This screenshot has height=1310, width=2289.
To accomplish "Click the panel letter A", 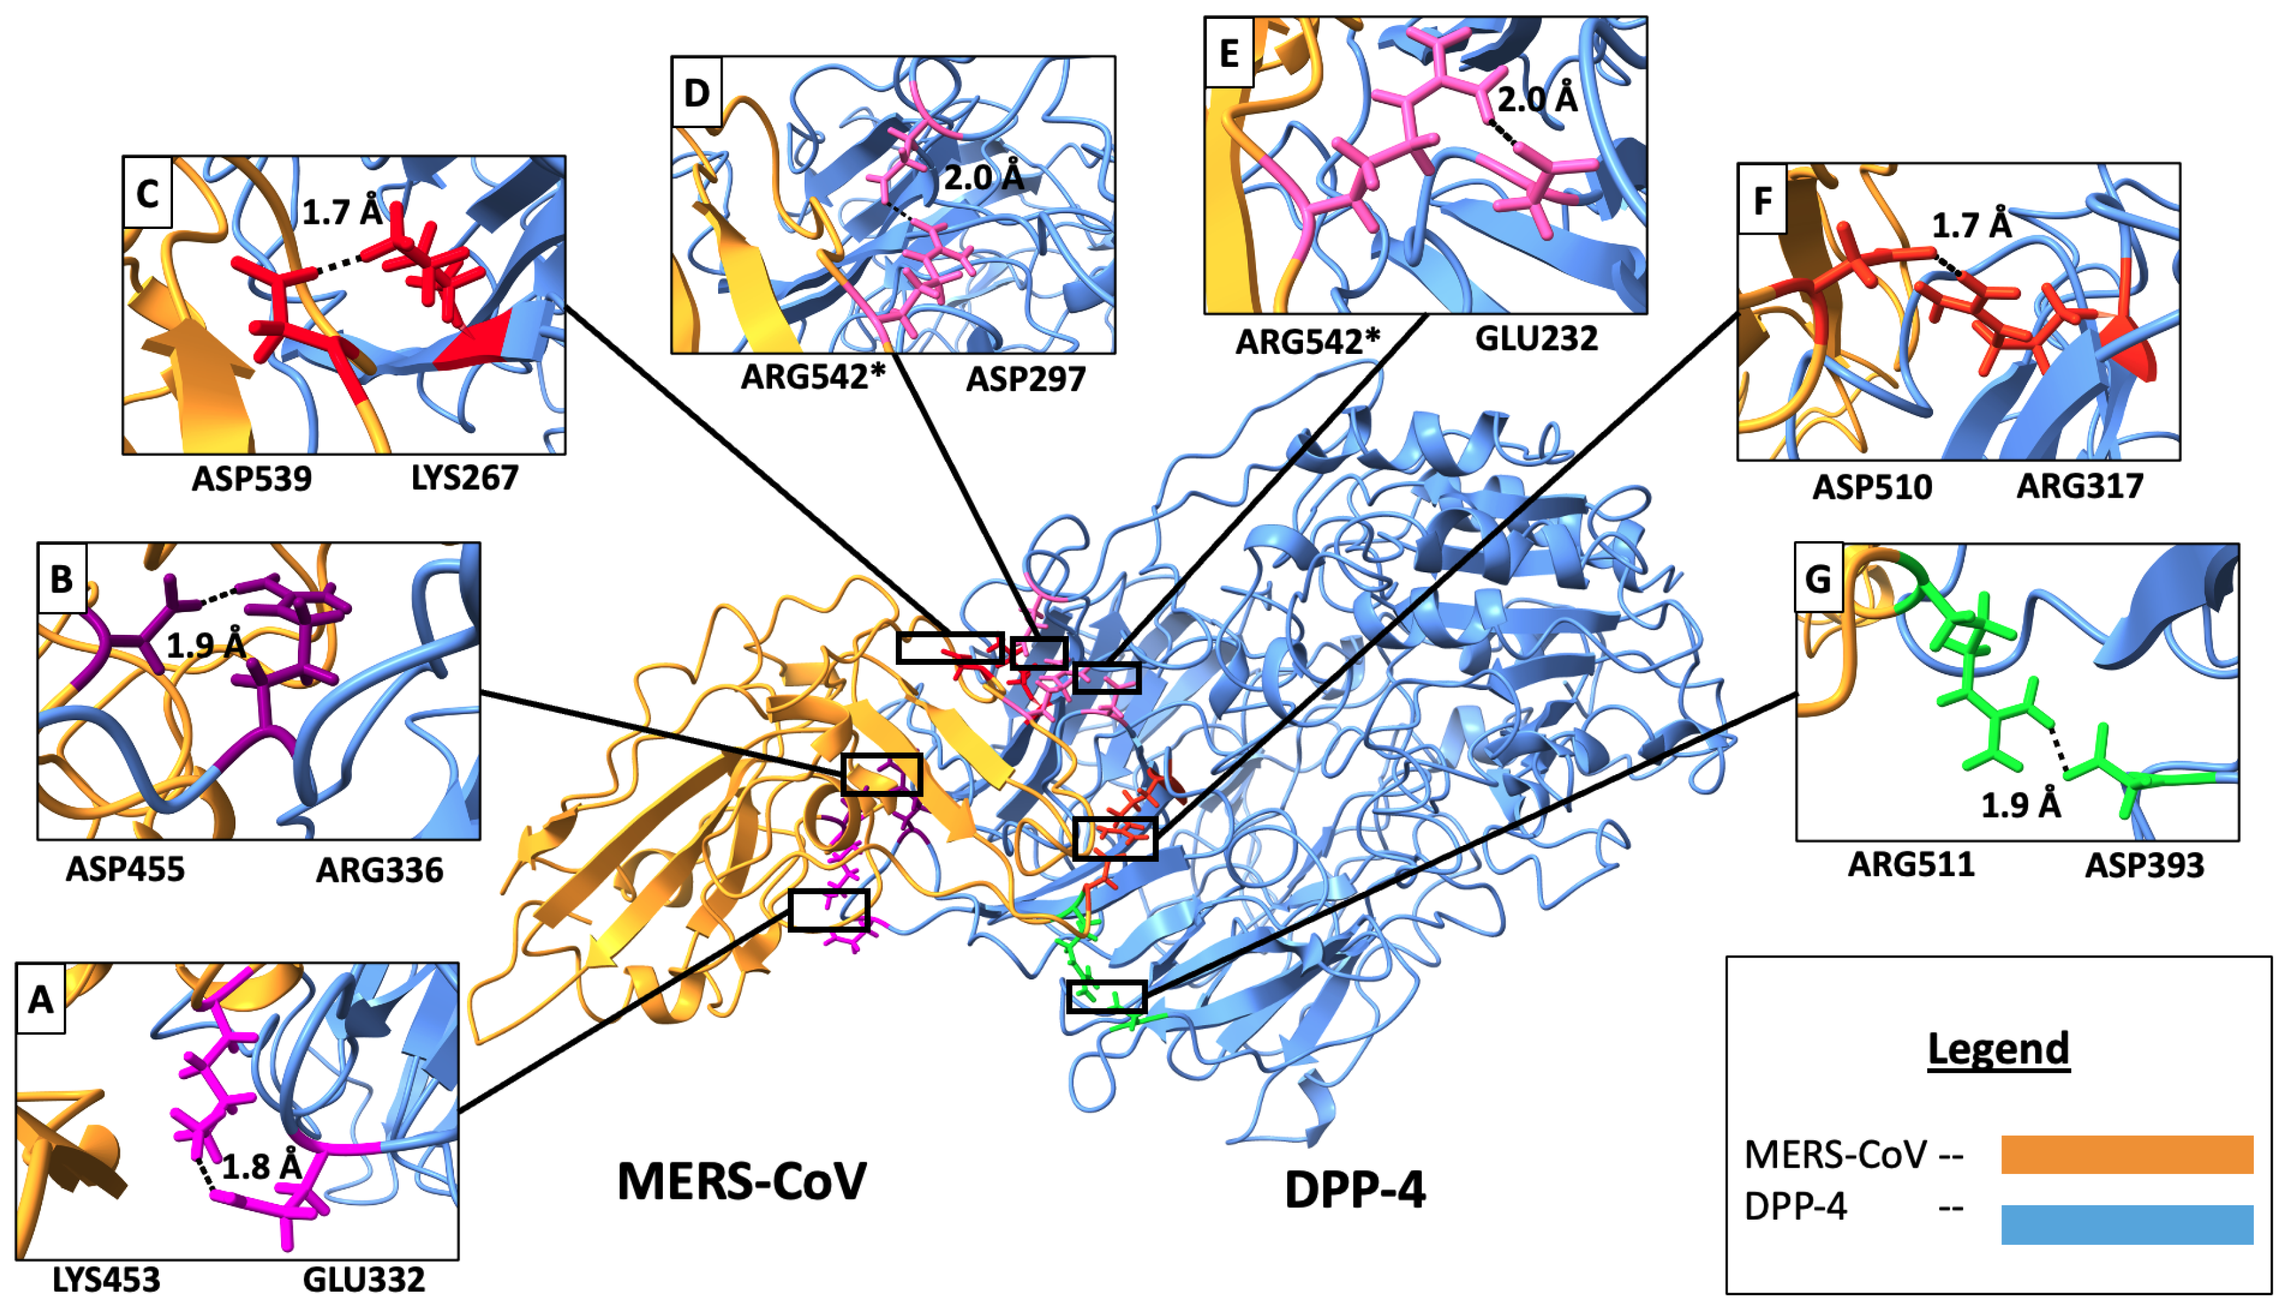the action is (40, 998).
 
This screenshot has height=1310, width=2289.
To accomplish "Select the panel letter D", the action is (697, 92).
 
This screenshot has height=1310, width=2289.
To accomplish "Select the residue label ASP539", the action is (251, 479).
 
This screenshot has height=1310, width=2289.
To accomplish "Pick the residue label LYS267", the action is (464, 478).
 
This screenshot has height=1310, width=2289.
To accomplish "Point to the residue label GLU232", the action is (1537, 338).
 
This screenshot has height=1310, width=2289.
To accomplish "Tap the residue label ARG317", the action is (2080, 486).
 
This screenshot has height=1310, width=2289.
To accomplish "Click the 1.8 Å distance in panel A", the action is (261, 1167).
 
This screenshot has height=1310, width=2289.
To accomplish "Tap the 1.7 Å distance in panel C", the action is (342, 212).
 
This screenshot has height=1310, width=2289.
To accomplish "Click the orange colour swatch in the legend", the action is (2126, 1155).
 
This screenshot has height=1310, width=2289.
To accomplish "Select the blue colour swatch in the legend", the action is (2126, 1225).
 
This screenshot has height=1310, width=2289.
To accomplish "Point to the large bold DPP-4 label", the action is (1355, 1190).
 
